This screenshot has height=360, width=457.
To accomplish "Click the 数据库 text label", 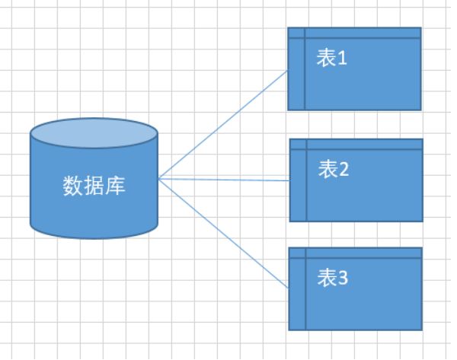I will (94, 185).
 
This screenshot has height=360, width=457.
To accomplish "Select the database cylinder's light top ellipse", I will (94, 134).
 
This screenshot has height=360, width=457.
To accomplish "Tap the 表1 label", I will (331, 59).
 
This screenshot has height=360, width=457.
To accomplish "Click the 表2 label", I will (333, 169).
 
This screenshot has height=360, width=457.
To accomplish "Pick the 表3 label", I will (332, 279).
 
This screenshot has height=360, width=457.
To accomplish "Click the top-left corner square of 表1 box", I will (296, 33).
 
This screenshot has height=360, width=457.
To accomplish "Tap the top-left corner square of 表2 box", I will (298, 144).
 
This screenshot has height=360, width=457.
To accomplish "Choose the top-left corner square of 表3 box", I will (297, 253).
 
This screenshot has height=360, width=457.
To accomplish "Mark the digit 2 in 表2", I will (344, 170).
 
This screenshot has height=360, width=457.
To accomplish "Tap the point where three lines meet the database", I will (158, 179).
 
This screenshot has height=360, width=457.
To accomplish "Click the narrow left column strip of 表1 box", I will (296, 72).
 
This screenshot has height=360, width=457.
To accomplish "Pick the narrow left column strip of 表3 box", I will (297, 293).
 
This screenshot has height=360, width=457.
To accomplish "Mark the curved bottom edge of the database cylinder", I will (94, 237).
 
